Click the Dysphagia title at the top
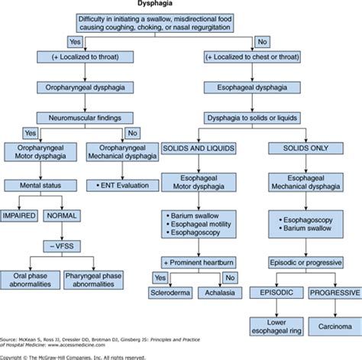tap(181, 5)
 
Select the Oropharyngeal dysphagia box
tap(91, 88)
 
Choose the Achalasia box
tap(219, 292)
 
